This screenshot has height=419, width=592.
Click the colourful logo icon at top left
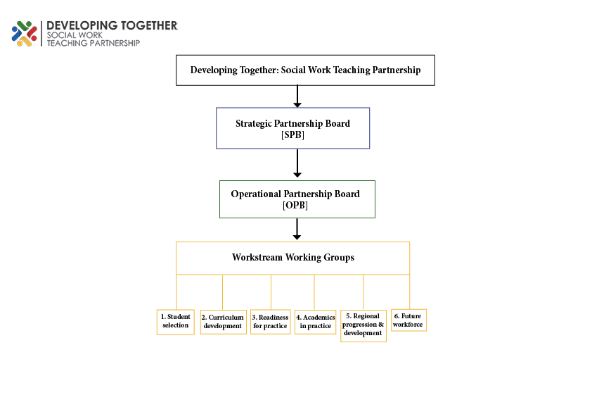click(24, 34)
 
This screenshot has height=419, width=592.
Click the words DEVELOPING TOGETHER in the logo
click(112, 26)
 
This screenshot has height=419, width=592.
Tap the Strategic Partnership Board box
click(293, 128)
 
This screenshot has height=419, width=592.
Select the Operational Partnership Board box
click(297, 199)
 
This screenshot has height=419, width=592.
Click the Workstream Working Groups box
click(293, 258)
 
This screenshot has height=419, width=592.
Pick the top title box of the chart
click(305, 70)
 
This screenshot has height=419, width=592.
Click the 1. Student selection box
click(176, 323)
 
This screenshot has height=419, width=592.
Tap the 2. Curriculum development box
click(223, 323)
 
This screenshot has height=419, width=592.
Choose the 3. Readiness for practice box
click(270, 323)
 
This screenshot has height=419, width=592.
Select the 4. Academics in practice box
click(316, 323)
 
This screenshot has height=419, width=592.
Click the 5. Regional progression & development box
click(363, 326)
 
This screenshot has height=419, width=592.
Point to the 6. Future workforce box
click(409, 320)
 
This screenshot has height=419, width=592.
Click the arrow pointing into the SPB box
click(297, 96)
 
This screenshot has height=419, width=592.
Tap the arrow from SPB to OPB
click(297, 163)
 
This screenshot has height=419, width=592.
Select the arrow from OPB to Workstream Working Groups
click(297, 229)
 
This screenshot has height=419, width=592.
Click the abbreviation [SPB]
click(293, 135)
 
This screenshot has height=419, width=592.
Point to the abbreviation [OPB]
click(295, 206)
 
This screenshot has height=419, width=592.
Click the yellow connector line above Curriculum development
click(222, 292)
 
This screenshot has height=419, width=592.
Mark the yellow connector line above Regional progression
click(363, 292)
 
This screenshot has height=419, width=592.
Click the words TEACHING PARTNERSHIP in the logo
click(94, 43)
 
